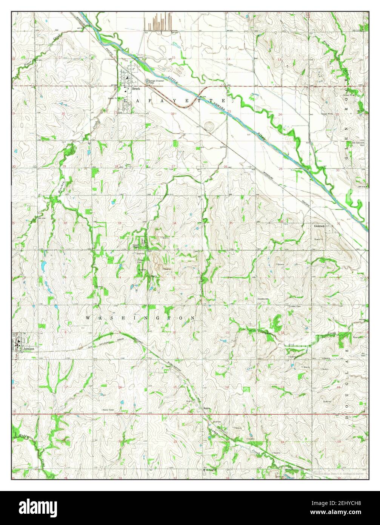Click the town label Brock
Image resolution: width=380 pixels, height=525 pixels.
(136, 89)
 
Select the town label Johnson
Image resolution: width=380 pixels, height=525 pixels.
(29, 349)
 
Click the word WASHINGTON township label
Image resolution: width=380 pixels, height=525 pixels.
(140, 318)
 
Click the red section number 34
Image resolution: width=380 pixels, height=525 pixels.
(174, 223)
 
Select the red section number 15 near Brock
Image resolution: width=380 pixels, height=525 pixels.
(174, 57)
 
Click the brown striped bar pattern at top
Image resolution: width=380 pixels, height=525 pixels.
(159, 22)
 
